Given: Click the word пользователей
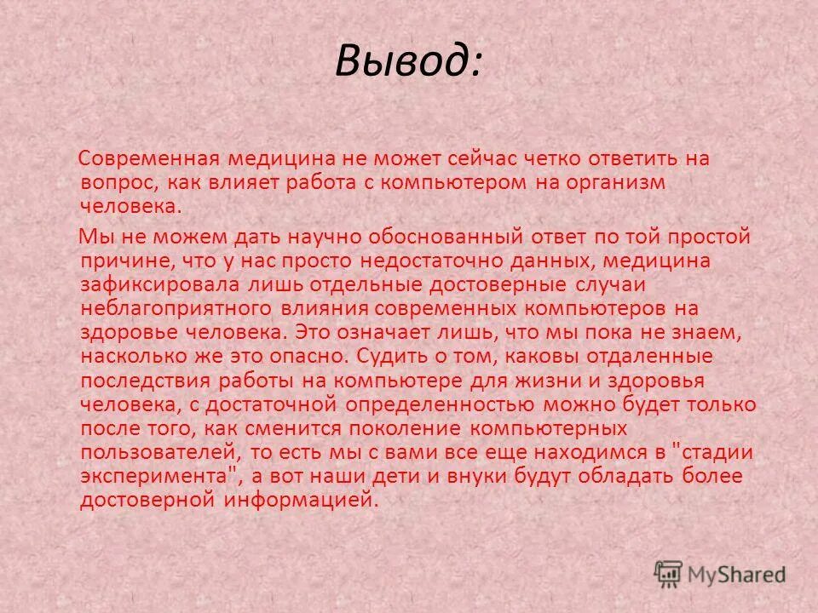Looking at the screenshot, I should click(157, 451).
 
